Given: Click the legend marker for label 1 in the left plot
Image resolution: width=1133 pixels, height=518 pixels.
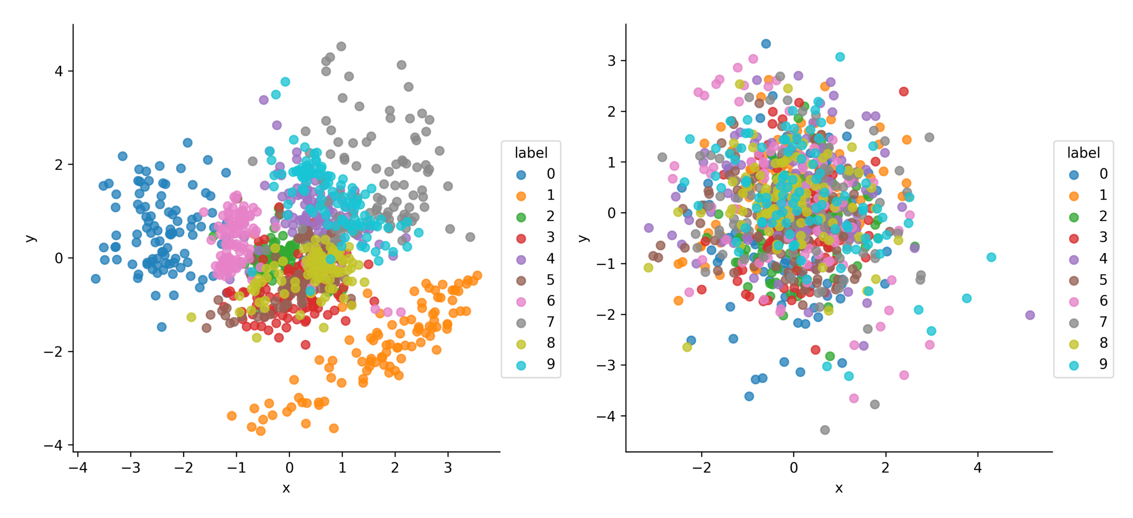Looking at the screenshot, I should point(521,196).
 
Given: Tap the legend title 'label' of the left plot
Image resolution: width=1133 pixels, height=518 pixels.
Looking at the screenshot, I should point(531,153).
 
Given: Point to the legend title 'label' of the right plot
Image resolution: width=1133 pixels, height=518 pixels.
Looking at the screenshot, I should point(1083,153).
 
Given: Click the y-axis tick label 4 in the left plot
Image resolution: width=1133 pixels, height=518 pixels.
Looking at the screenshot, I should point(59,71).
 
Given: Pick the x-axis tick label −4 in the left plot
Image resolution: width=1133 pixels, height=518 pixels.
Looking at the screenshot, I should point(78,468).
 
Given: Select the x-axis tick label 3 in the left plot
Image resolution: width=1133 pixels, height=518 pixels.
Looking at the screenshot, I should point(448,468).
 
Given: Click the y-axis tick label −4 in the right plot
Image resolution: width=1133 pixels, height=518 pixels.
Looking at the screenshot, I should point(606,416).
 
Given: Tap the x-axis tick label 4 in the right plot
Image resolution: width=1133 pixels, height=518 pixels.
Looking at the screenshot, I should point(977,468).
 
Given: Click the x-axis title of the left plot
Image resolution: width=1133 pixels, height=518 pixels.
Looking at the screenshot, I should point(286,488).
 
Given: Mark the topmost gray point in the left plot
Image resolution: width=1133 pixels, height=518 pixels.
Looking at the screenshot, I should point(341,46).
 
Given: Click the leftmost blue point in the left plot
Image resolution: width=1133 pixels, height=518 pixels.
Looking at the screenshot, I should point(96,279).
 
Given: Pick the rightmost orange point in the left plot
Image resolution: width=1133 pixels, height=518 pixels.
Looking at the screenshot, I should point(477,275).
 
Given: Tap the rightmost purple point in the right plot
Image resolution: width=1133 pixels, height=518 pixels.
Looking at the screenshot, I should point(1030,315).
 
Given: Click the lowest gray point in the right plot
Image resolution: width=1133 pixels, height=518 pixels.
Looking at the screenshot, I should point(825,430).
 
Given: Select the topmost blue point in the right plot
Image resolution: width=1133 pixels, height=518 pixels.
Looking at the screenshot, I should point(766,44).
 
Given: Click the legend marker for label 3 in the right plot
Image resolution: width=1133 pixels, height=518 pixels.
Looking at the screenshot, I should point(1074,238).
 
